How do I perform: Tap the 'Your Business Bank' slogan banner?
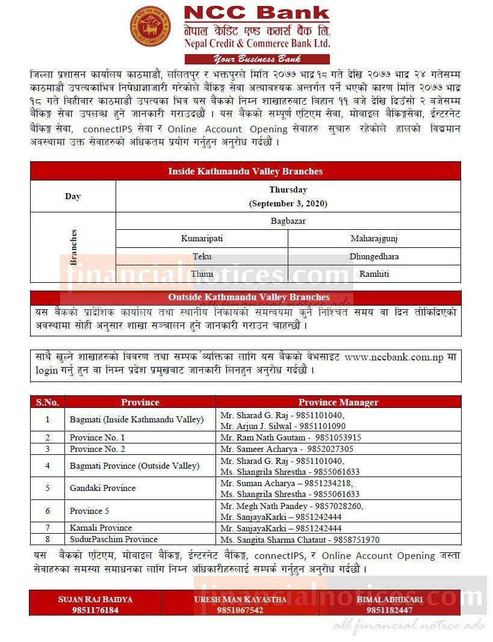257,59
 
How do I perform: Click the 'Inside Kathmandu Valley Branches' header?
245,171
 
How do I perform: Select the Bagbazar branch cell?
288,221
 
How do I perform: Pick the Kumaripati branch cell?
202,238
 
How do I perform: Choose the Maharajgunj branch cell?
374,238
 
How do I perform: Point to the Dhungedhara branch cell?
374,256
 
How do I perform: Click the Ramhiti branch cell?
374,274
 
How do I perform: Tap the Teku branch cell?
202,256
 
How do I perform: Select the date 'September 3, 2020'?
288,203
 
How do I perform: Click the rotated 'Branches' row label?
73,247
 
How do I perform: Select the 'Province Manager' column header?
338,402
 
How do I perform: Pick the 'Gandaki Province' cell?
102,488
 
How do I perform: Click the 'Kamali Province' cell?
101,528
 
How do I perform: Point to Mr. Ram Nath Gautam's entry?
291,437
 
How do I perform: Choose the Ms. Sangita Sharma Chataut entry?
300,539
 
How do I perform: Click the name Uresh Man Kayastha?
240,599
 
